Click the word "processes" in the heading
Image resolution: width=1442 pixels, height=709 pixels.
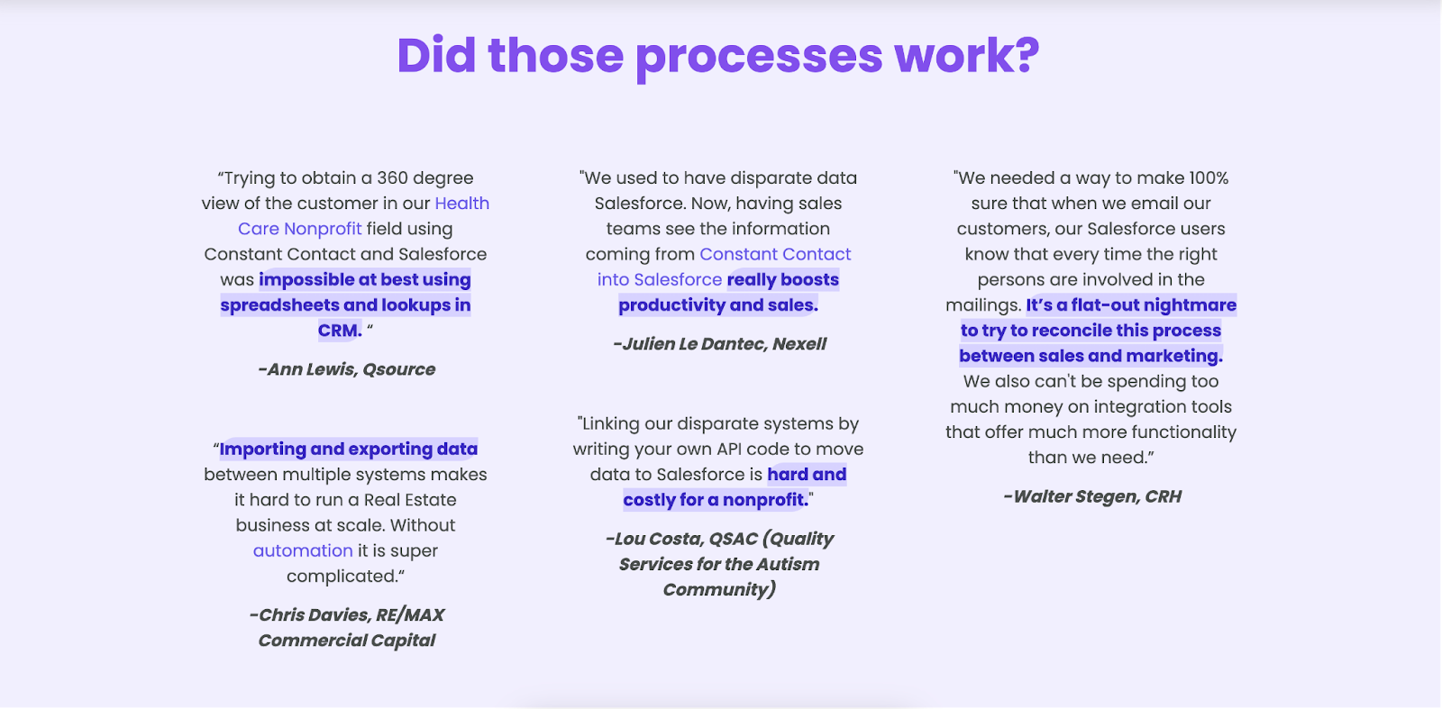(x=759, y=58)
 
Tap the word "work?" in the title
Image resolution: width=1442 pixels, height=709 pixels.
(x=967, y=55)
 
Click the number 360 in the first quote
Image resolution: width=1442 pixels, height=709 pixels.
(x=393, y=177)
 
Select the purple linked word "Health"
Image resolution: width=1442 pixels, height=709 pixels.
(x=462, y=204)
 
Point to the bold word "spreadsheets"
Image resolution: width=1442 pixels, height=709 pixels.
(x=280, y=305)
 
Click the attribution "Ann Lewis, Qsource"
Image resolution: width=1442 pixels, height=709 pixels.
(x=346, y=369)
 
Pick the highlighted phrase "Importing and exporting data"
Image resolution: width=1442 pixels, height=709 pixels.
(x=348, y=449)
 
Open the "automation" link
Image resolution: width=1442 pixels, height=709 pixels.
(x=303, y=550)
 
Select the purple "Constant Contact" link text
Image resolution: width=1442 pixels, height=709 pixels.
(x=775, y=254)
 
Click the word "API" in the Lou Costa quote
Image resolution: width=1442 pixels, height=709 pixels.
(x=735, y=449)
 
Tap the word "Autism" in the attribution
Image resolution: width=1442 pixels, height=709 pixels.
(x=788, y=564)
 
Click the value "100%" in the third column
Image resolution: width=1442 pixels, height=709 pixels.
(x=1209, y=178)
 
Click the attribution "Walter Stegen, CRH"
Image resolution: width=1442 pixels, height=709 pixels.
(x=1092, y=496)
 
